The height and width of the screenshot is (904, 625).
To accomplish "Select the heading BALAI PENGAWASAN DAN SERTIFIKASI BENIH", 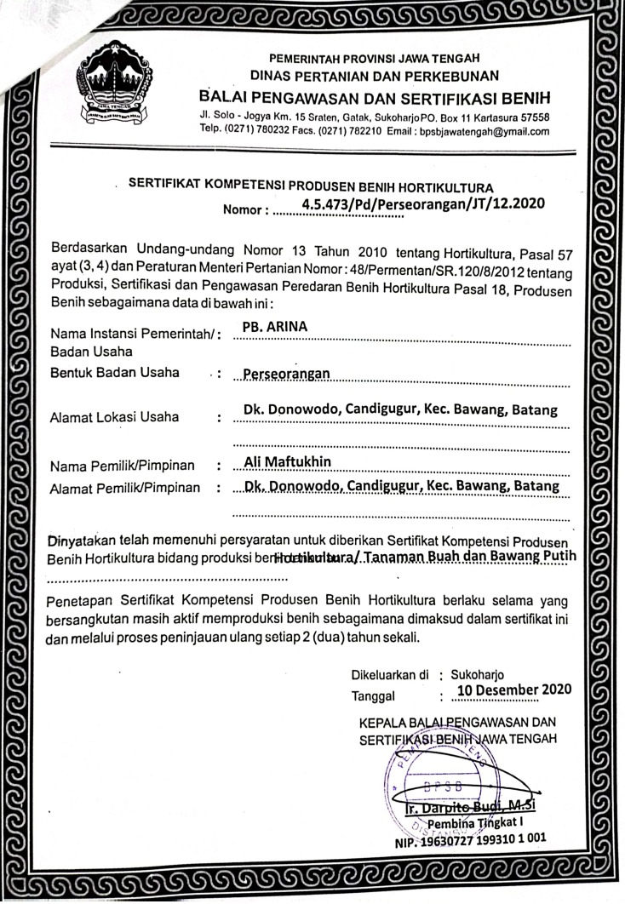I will click(374, 94).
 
